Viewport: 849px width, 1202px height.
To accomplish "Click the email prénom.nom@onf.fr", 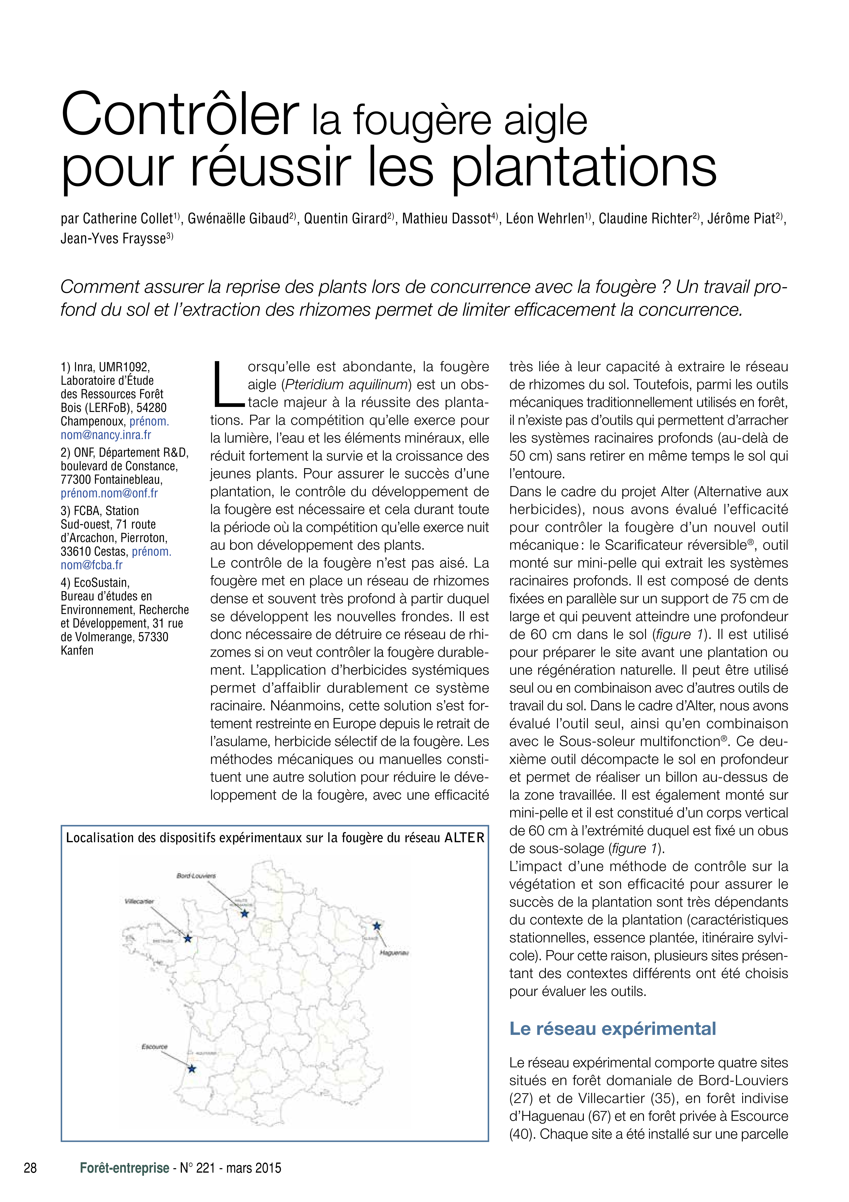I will [x=109, y=493].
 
